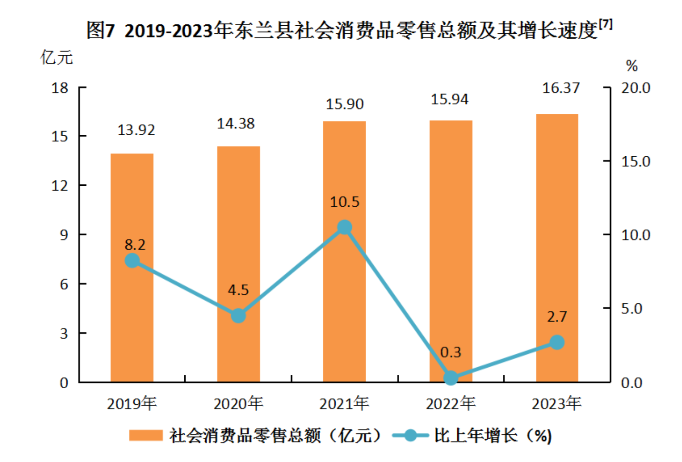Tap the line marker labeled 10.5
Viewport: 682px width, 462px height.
tap(345, 227)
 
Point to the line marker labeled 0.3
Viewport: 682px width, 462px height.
tap(451, 378)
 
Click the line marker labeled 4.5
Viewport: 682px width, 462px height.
tap(238, 315)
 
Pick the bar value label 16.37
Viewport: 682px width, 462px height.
tap(561, 88)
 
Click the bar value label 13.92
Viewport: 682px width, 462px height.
tap(136, 130)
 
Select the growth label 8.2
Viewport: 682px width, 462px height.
tap(135, 245)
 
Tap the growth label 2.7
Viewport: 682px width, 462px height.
tap(557, 317)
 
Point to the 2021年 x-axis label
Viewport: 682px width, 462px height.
tap(344, 404)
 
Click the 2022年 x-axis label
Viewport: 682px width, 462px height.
tap(451, 404)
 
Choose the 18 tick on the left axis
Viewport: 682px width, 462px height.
tap(60, 88)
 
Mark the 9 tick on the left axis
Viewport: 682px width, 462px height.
tap(64, 235)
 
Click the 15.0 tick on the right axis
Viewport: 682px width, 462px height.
tap(635, 161)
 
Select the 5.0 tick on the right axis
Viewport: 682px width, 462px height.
tap(632, 309)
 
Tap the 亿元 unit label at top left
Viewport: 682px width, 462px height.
tap(56, 57)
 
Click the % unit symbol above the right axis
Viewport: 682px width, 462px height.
tap(632, 66)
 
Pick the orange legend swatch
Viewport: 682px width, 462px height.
tap(146, 435)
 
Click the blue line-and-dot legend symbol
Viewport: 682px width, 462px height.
tap(410, 435)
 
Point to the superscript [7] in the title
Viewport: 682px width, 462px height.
tap(605, 24)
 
